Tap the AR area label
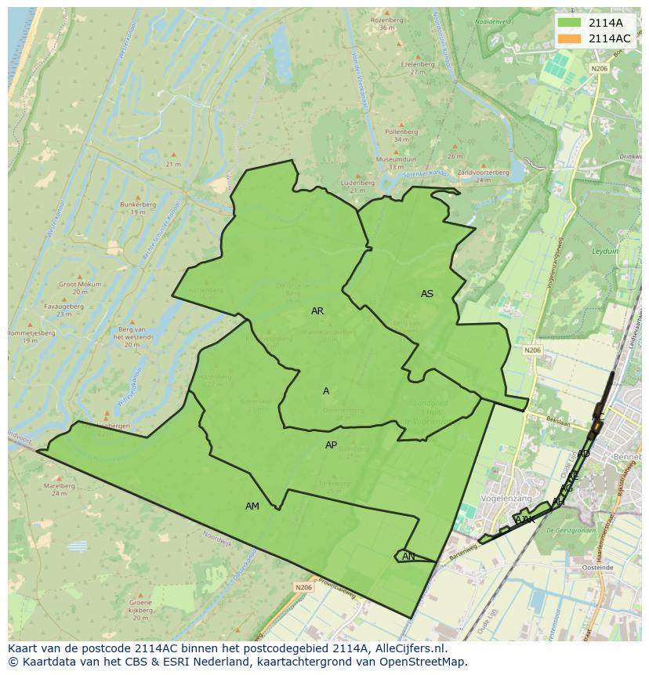point(317,311)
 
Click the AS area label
point(427,294)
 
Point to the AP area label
point(331,445)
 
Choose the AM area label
point(252,506)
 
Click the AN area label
point(408,557)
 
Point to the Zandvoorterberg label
point(483,172)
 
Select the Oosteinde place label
point(597,566)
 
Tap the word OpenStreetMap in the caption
point(428,662)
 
